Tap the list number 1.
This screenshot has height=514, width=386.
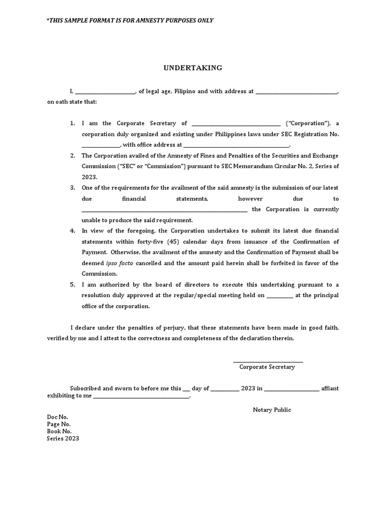(x=72, y=123)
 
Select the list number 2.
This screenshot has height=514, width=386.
(x=72, y=156)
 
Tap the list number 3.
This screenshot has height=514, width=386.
(x=72, y=188)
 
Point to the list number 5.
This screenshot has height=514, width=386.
(x=72, y=285)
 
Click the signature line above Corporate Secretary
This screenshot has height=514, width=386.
(x=267, y=361)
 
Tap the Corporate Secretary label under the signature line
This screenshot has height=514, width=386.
(x=267, y=367)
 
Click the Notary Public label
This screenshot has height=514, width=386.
(x=272, y=410)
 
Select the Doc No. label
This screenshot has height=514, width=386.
(x=57, y=417)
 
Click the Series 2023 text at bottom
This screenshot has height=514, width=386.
(x=63, y=438)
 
